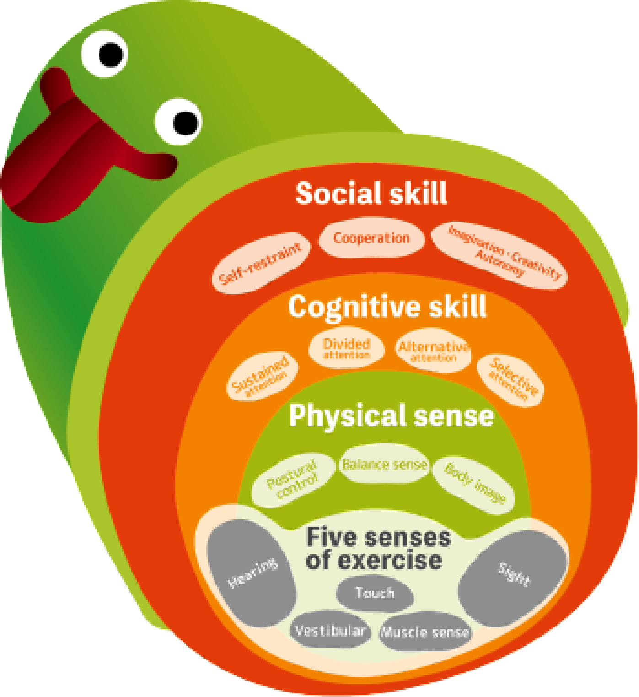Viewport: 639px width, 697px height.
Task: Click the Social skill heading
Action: click(x=371, y=194)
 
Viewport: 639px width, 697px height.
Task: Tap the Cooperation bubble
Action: click(x=371, y=238)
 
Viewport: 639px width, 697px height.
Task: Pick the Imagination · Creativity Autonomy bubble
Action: click(x=499, y=255)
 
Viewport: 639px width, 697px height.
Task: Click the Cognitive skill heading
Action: click(x=387, y=307)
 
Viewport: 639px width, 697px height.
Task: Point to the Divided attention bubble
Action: click(x=346, y=348)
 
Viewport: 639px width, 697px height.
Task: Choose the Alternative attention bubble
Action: click(x=433, y=350)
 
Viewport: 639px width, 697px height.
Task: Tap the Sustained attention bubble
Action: click(x=262, y=377)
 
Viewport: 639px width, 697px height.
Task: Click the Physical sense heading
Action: click(x=391, y=416)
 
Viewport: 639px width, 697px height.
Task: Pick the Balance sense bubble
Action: click(x=385, y=465)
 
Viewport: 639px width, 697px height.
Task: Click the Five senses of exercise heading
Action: click(x=378, y=548)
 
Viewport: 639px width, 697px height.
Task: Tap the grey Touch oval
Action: click(x=375, y=594)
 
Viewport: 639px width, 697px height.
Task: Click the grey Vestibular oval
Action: click(x=329, y=631)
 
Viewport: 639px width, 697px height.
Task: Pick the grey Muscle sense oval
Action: click(x=425, y=632)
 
